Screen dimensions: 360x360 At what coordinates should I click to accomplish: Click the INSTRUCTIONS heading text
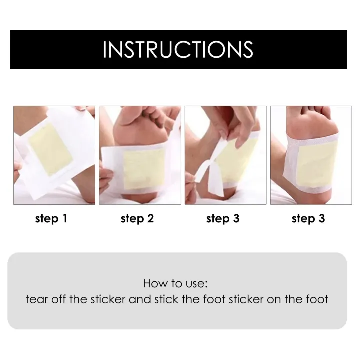point(178,50)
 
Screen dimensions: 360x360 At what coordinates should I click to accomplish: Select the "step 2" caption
point(137,219)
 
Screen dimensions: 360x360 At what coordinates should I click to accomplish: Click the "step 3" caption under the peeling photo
point(223,219)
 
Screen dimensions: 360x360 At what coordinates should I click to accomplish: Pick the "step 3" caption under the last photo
point(308,219)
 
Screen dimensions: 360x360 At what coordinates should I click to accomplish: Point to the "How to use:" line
point(175,284)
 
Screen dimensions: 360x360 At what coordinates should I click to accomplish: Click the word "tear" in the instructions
point(35,300)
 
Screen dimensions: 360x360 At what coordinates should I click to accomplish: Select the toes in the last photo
point(320,112)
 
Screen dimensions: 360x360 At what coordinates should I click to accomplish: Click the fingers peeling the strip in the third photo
point(227,132)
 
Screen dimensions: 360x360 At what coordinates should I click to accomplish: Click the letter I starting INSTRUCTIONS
point(105,50)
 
